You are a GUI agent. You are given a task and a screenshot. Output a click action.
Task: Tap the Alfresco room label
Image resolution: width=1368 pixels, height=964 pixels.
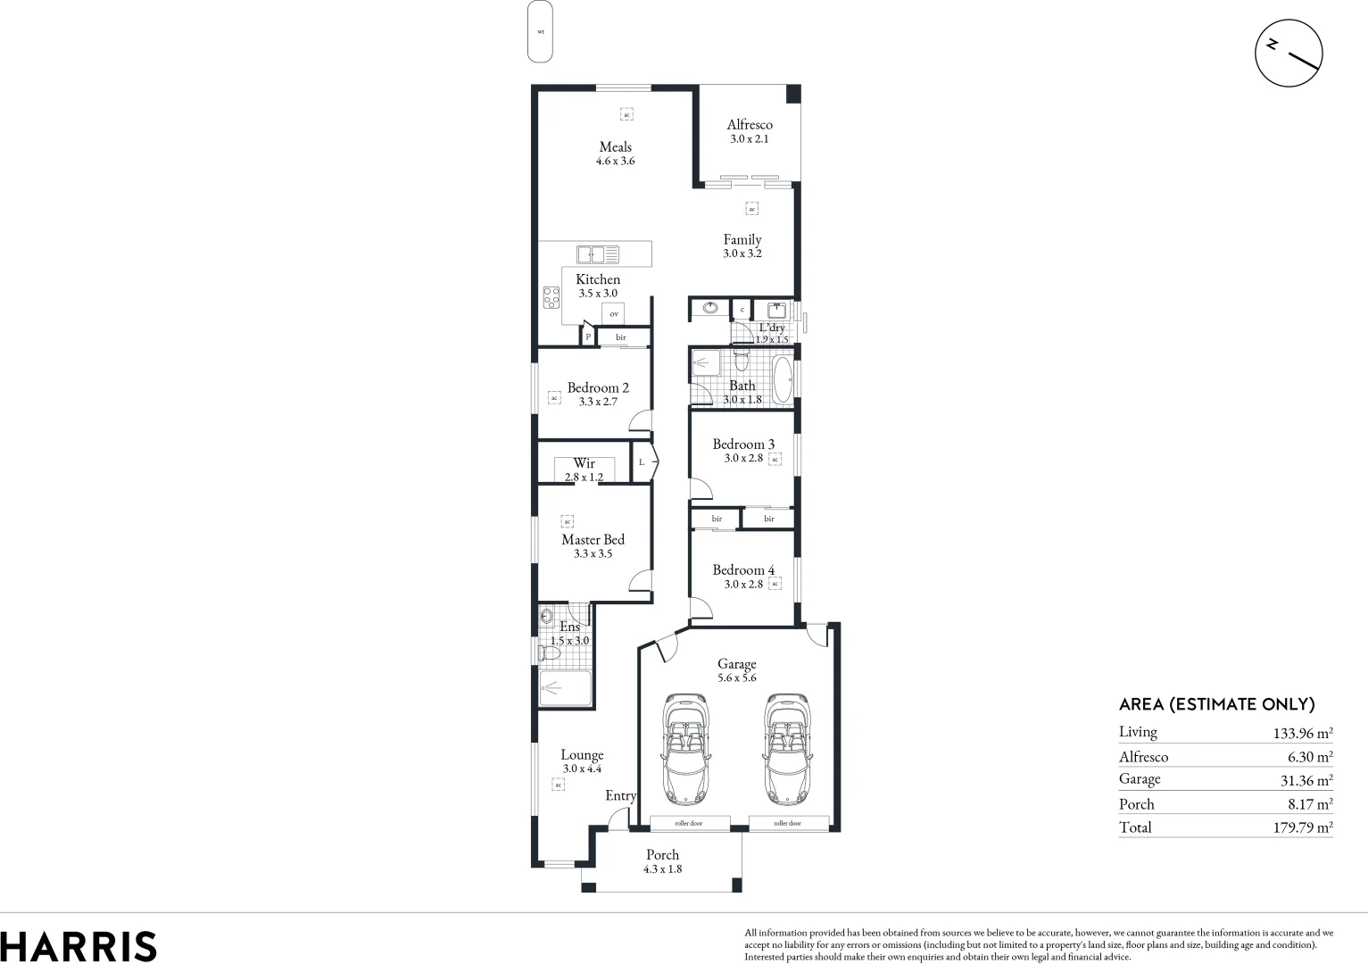click(749, 125)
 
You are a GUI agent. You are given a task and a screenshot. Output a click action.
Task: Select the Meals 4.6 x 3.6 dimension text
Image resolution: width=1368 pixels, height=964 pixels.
click(615, 162)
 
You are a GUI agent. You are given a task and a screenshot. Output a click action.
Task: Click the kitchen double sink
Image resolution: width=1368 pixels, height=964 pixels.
click(597, 254)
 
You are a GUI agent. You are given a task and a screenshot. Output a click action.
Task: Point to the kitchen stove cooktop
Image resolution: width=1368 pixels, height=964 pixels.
click(551, 296)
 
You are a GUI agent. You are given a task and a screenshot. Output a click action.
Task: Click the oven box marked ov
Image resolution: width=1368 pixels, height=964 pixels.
click(613, 314)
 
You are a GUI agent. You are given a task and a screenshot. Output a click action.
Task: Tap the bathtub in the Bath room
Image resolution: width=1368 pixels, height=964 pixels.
click(782, 379)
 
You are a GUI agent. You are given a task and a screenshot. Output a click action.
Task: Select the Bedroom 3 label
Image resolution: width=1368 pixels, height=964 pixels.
click(742, 445)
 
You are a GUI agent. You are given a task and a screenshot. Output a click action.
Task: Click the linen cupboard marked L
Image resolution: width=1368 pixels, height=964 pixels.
click(642, 462)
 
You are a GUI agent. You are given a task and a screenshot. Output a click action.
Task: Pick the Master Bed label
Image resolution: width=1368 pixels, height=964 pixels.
click(593, 540)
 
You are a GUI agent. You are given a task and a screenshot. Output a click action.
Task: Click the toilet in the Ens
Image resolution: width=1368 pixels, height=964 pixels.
click(549, 654)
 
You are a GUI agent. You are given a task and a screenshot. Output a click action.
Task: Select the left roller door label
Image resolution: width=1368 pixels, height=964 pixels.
click(689, 823)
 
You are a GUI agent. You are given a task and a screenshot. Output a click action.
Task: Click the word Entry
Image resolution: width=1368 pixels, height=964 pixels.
click(620, 796)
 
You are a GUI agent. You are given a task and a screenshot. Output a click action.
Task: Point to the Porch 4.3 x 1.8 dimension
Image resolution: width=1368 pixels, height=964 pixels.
click(662, 869)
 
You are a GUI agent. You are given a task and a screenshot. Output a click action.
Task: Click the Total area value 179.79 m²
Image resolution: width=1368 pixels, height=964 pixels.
click(1302, 827)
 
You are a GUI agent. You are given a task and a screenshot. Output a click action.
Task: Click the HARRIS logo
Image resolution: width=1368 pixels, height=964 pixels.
click(79, 946)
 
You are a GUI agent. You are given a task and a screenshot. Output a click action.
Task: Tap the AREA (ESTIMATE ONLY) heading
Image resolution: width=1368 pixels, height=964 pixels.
click(1216, 704)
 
